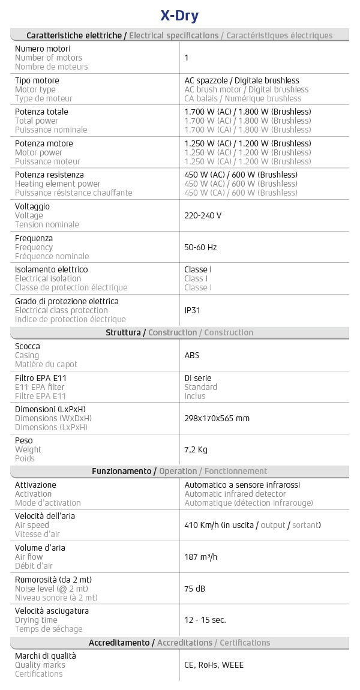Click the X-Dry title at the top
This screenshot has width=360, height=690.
coord(180,15)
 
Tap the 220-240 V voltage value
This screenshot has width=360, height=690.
coord(203,215)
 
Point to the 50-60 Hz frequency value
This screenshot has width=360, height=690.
coord(200,247)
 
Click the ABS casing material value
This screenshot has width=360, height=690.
coord(192,355)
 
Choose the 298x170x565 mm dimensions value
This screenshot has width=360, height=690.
coord(217,418)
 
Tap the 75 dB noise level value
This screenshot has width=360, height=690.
coord(195,589)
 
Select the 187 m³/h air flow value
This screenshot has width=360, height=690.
coord(200,557)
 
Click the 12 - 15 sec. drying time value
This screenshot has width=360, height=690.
coord(205,620)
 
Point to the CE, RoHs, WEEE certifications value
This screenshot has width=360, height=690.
coord(214,665)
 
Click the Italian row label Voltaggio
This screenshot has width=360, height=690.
coord(32,206)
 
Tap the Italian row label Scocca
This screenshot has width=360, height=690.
coord(28,346)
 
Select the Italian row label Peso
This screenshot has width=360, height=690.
coord(25,440)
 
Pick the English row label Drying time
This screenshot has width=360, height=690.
coord(36,620)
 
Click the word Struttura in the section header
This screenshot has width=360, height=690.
coord(124,332)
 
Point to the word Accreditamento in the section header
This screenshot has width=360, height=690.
coord(119,643)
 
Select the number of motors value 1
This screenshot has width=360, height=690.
coord(187,58)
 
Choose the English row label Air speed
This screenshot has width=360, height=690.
coord(32,525)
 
